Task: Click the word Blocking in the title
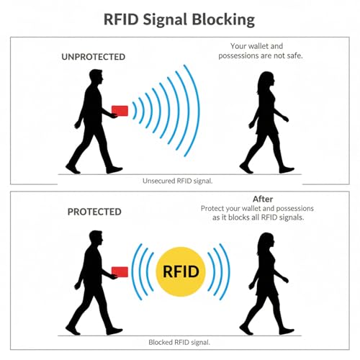pos(223,19)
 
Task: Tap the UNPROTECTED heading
pos(94,57)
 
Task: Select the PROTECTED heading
pos(94,212)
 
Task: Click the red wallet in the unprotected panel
pos(120,111)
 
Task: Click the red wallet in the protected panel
pos(120,271)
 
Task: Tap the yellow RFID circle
pos(181,271)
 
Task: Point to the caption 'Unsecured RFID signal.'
pos(178,181)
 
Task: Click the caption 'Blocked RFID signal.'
pos(179,342)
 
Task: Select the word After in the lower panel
pos(263,199)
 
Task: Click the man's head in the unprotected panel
pos(96,77)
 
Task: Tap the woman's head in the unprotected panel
pos(267,79)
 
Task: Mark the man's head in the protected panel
pos(96,238)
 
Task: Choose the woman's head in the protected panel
pos(267,240)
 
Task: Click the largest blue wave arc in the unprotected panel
pos(198,110)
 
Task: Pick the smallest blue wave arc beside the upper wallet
pos(135,111)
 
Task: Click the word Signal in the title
pos(165,20)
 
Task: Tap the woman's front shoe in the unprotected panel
pos(287,170)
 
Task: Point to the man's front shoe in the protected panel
pos(114,331)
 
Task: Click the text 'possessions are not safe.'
pos(261,55)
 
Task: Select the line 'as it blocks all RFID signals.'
pos(258,217)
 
